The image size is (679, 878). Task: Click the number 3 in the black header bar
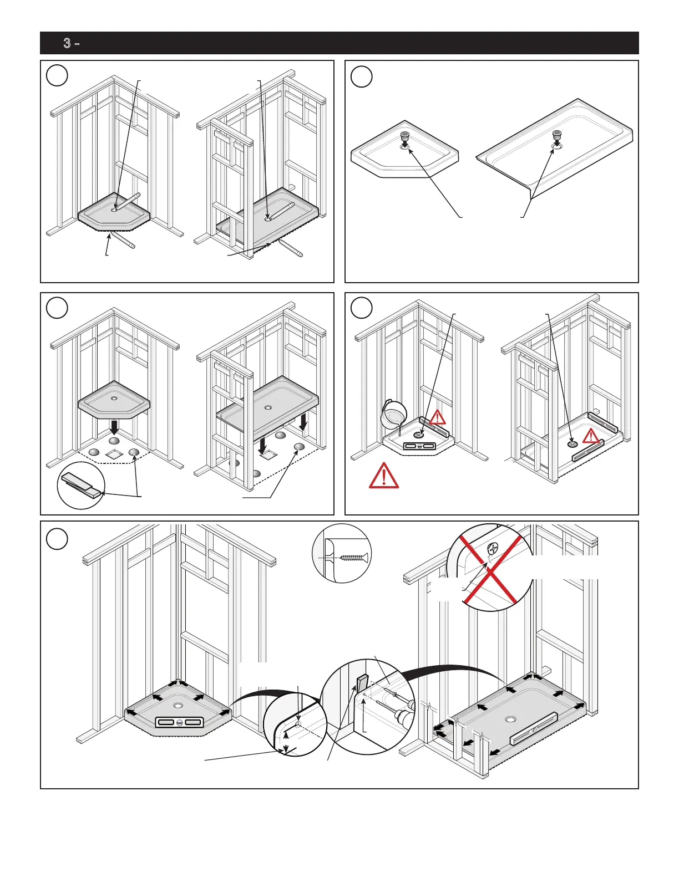tap(67, 43)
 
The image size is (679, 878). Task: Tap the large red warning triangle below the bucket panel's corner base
tap(383, 476)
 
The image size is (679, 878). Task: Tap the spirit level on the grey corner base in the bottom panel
tap(180, 722)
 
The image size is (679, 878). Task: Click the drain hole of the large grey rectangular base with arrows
tap(510, 719)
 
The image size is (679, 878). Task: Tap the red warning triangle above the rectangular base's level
tap(591, 436)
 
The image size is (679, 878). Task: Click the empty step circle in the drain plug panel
tap(362, 76)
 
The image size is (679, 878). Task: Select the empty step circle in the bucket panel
tap(362, 308)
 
